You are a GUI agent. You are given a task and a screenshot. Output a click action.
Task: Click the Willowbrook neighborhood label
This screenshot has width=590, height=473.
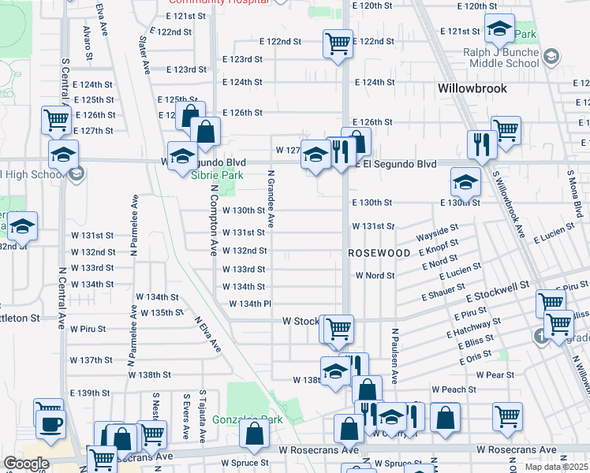tap(472, 88)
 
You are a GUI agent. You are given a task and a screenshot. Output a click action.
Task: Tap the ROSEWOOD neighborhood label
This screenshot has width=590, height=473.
tap(380, 253)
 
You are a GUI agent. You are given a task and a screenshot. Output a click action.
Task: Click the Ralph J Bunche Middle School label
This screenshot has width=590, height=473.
tap(500, 58)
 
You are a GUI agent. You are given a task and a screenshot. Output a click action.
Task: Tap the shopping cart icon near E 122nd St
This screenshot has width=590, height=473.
tap(338, 43)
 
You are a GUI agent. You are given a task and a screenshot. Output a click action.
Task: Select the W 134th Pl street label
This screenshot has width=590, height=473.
tap(250, 304)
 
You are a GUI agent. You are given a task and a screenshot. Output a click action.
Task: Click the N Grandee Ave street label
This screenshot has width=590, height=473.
tap(271, 199)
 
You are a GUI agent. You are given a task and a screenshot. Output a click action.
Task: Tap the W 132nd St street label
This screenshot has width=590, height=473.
tap(245, 251)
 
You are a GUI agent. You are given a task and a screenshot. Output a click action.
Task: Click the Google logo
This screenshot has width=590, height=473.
tap(26, 464)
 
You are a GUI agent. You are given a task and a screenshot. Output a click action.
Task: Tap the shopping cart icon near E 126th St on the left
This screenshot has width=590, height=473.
tap(57, 120)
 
